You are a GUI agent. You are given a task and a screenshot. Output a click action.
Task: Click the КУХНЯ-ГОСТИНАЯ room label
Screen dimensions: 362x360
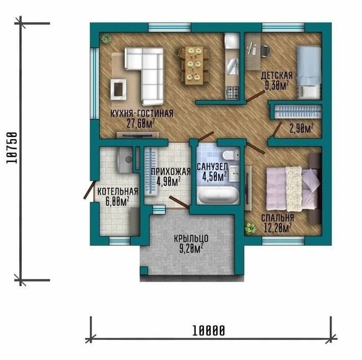(x=142, y=113)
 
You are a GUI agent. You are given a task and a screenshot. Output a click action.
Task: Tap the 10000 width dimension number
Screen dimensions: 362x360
(x=208, y=330)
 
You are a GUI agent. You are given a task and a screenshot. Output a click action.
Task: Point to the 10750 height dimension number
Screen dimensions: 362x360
(x=12, y=148)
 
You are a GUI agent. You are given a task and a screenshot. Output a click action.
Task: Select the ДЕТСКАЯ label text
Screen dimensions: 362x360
(x=277, y=76)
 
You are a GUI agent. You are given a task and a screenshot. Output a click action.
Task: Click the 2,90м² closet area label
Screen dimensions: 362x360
(x=301, y=129)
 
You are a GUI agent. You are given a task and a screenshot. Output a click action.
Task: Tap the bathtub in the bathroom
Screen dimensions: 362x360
(x=218, y=195)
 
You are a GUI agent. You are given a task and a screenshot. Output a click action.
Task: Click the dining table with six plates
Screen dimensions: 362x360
(x=194, y=65)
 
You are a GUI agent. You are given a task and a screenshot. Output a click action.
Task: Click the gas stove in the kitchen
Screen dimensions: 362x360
(x=233, y=93)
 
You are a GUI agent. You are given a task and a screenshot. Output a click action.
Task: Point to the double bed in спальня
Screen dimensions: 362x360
(x=293, y=188)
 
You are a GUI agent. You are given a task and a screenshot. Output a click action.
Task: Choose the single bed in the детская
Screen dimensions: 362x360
(x=309, y=73)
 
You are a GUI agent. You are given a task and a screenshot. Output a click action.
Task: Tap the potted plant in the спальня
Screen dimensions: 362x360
(x=251, y=228)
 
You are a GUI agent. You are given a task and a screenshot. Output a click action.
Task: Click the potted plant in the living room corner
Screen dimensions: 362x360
(x=106, y=39)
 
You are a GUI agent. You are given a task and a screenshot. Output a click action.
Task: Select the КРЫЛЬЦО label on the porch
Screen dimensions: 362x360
(x=192, y=239)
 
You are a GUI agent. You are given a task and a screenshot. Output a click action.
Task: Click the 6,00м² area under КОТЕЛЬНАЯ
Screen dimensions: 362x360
(x=117, y=201)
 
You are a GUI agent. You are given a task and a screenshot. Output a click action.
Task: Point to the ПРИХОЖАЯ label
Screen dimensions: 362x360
(x=171, y=171)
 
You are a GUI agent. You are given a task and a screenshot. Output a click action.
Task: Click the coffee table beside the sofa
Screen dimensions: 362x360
(x=118, y=90)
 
